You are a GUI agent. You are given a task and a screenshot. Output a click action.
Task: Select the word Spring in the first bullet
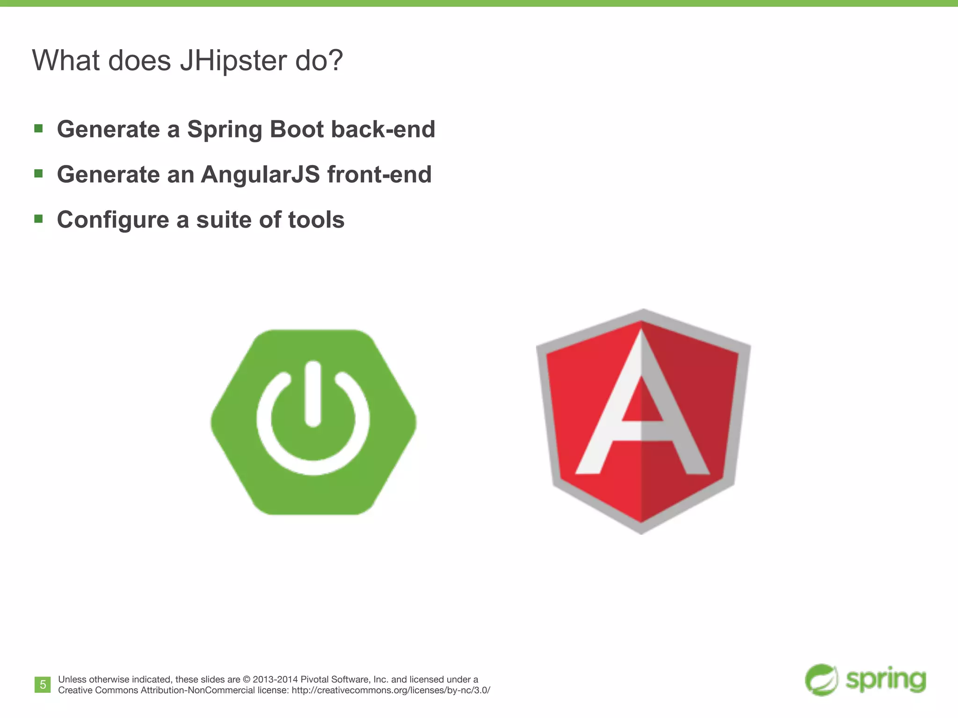tap(225, 129)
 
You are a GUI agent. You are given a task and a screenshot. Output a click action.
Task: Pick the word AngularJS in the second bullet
tap(261, 174)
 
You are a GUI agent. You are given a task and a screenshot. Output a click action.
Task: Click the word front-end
tap(379, 174)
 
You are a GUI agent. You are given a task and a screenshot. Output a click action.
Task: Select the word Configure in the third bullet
tap(113, 220)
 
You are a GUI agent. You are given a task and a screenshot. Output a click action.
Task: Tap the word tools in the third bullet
tap(316, 220)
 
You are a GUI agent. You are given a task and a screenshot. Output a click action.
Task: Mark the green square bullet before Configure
tap(39, 219)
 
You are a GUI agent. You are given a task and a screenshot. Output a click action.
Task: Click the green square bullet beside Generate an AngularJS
tap(39, 173)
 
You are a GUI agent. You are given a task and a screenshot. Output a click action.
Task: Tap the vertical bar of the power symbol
tap(312, 393)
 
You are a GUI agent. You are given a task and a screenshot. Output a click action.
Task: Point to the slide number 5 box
tap(43, 685)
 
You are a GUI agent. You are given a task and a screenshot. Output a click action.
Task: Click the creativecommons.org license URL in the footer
tap(391, 690)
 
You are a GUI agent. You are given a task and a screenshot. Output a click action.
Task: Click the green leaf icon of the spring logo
tap(821, 680)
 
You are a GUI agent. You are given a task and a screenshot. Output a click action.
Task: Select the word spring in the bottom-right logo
tap(885, 680)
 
